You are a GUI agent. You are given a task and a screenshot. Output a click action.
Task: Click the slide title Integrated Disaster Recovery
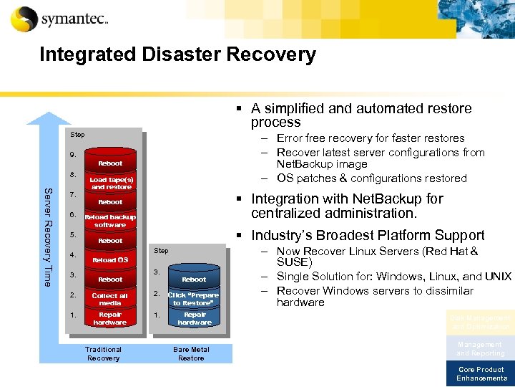click(177, 54)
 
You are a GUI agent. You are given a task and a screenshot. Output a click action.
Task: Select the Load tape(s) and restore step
click(110, 183)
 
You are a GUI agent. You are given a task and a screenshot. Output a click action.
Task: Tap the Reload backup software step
click(110, 221)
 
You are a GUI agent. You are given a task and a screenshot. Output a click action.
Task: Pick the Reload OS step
click(110, 259)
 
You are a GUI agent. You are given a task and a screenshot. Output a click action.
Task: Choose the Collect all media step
click(110, 299)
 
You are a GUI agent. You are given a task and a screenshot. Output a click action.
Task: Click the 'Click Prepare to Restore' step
click(193, 299)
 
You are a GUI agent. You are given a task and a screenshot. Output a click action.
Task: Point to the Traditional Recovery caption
click(104, 353)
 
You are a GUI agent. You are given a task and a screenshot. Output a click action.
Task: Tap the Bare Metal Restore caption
click(191, 353)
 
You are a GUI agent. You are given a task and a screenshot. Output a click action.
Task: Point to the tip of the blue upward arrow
click(49, 114)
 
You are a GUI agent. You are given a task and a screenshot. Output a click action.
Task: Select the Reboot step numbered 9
click(110, 163)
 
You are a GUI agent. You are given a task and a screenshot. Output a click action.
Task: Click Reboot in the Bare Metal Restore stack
click(193, 279)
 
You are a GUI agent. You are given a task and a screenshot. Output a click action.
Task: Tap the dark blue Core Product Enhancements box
click(481, 373)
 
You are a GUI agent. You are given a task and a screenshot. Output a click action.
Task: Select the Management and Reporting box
click(481, 348)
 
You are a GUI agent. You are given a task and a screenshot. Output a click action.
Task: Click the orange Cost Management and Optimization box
click(481, 322)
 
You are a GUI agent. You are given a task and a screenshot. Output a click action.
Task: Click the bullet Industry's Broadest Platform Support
click(368, 235)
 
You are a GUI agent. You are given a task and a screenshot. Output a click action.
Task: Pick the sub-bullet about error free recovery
click(371, 138)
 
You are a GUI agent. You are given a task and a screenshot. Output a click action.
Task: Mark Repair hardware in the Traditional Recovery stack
click(110, 318)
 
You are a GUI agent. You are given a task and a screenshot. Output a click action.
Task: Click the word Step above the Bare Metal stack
click(162, 251)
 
